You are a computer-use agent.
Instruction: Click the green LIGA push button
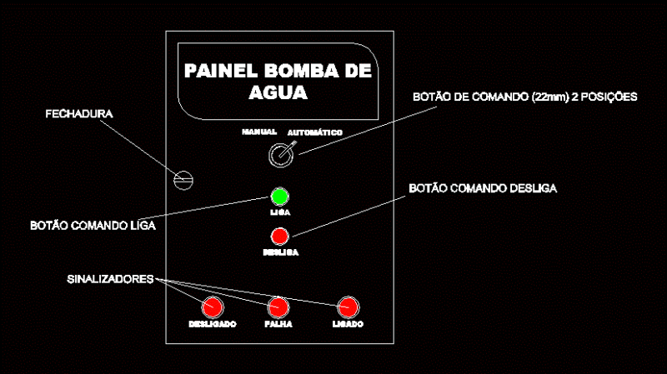click(x=280, y=197)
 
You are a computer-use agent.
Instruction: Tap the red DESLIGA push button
click(x=280, y=237)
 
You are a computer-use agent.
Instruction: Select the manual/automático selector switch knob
click(x=281, y=155)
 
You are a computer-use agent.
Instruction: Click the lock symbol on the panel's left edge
click(x=183, y=180)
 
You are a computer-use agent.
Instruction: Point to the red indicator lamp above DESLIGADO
click(x=213, y=307)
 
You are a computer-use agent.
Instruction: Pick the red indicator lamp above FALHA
click(x=278, y=307)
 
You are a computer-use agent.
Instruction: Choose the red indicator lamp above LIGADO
click(x=349, y=307)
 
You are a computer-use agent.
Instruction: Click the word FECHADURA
click(x=79, y=114)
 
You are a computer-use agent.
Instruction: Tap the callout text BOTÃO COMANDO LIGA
click(x=93, y=225)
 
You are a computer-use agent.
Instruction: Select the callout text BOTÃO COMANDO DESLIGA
click(x=483, y=188)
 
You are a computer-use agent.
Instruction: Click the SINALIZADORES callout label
click(x=110, y=279)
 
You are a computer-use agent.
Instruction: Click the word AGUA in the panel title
click(x=278, y=92)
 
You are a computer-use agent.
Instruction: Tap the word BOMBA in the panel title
click(x=300, y=71)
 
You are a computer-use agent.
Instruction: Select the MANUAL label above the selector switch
click(x=259, y=132)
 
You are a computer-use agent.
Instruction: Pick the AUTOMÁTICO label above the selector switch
click(x=315, y=132)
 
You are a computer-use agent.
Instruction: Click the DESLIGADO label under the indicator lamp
click(x=213, y=324)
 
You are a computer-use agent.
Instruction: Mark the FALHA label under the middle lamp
click(x=278, y=324)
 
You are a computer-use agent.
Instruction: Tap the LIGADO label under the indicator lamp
click(x=348, y=324)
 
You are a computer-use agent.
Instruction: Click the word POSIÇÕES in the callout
click(x=609, y=97)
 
